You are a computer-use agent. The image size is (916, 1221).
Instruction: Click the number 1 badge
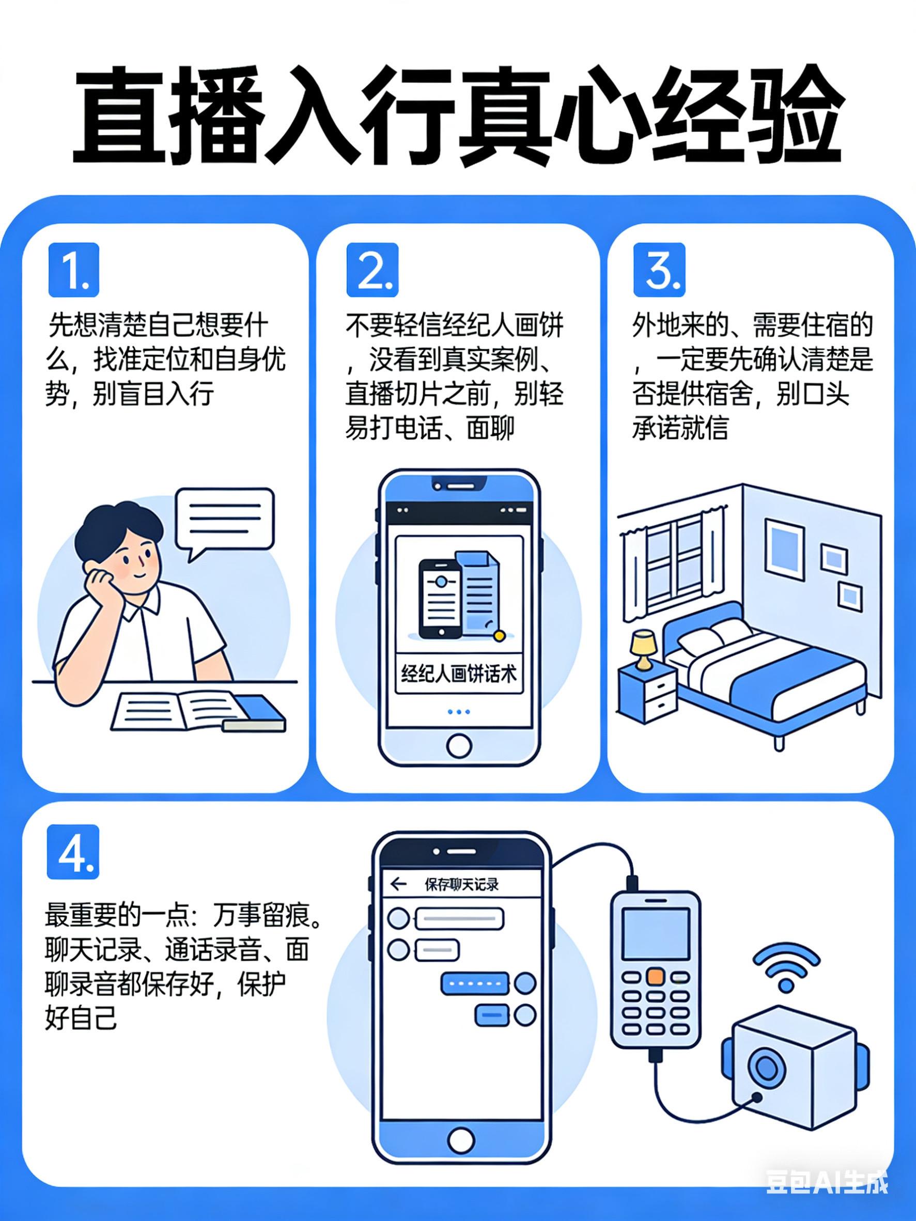pos(73,270)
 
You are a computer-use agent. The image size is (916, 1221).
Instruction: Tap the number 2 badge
pos(372,270)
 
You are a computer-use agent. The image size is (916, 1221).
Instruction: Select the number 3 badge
pos(659,270)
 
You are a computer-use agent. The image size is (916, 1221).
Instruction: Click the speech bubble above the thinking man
pos(225,520)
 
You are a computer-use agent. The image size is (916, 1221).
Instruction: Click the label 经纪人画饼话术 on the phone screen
pos(459,674)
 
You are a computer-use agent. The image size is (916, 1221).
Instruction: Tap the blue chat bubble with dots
pos(474,983)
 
